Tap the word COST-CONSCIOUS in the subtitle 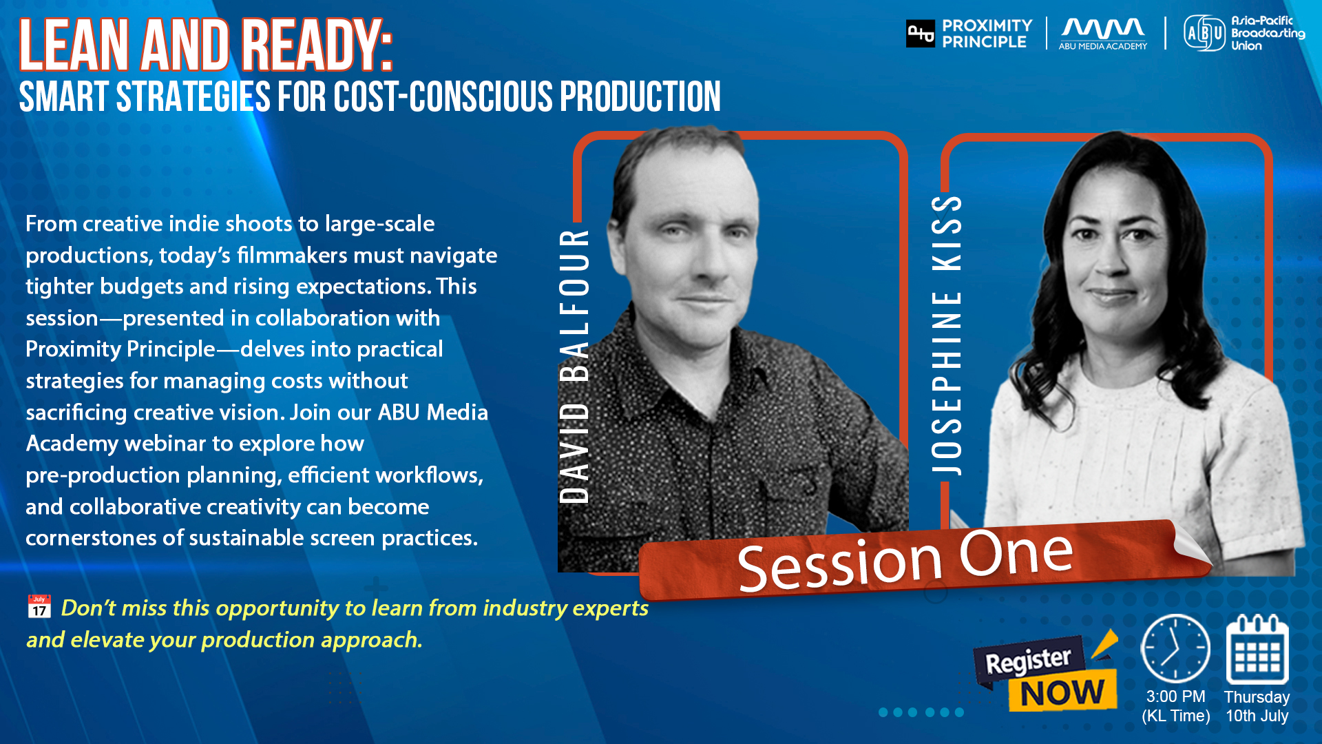click(443, 96)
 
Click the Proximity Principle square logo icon click(921, 33)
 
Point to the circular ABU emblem click(1204, 33)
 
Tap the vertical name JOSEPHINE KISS click(947, 335)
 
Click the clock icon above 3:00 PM click(1175, 648)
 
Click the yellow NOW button click(1062, 693)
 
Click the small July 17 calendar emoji click(39, 606)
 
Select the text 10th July click(1257, 716)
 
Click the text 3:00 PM click(1175, 696)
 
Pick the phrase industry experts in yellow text click(565, 608)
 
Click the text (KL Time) click(1176, 716)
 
